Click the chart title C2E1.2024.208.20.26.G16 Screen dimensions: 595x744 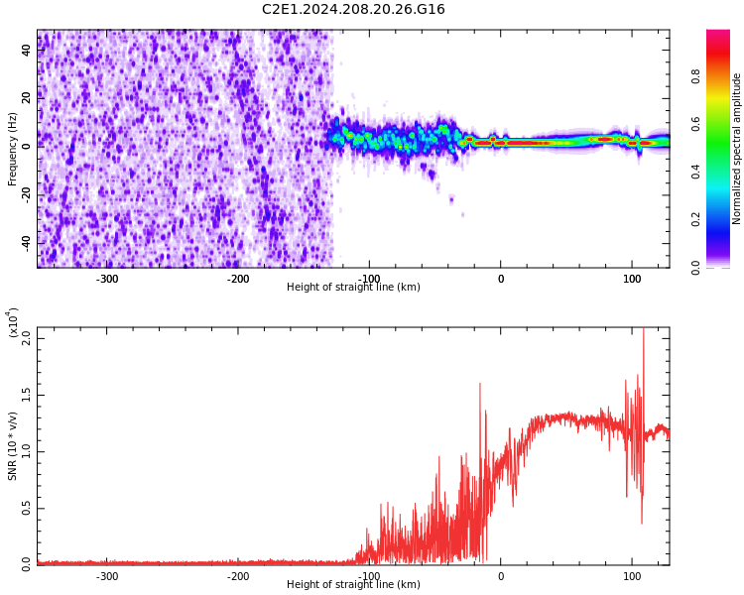(353, 10)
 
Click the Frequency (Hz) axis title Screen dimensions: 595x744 (13, 149)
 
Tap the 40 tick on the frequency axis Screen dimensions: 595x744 (27, 50)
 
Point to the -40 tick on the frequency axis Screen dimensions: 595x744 (27, 242)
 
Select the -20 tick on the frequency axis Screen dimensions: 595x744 (27, 194)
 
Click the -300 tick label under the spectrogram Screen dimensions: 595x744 (107, 279)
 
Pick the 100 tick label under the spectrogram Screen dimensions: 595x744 (632, 279)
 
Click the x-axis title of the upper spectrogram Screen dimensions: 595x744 (353, 288)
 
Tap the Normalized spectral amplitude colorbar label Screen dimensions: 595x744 (737, 149)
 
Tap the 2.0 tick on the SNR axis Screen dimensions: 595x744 (27, 337)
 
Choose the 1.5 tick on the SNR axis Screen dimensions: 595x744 (27, 394)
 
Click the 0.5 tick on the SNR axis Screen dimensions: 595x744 (27, 508)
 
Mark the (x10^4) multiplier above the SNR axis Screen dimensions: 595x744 (13, 322)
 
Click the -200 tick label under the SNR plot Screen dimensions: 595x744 (238, 576)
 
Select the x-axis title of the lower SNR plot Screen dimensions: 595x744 (353, 585)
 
